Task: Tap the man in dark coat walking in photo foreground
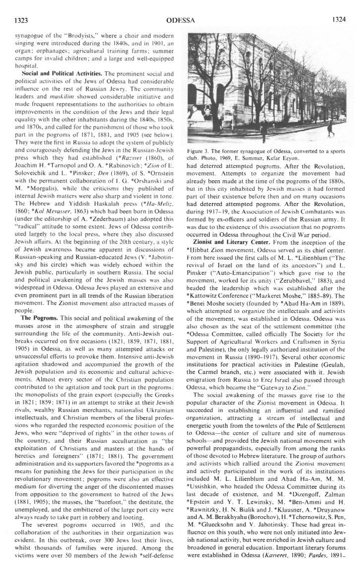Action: pos(264,129)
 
